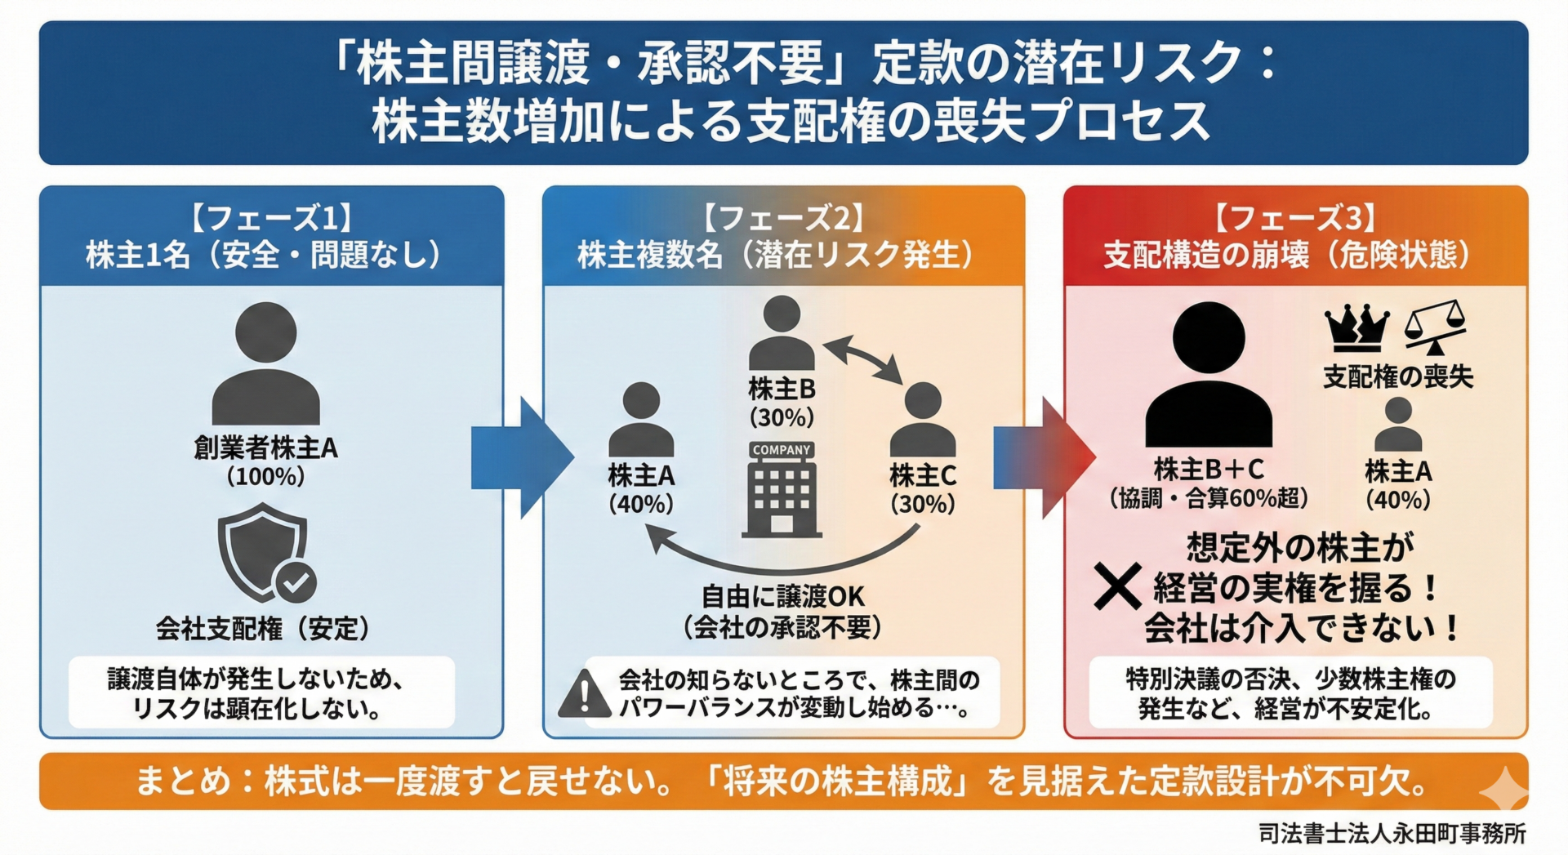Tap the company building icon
(x=782, y=490)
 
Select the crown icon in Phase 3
(x=1356, y=327)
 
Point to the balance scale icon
(x=1435, y=327)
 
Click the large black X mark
(x=1117, y=587)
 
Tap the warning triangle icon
(x=584, y=695)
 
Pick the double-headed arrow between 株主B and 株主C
(x=863, y=358)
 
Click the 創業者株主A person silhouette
(x=265, y=363)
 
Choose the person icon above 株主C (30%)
(x=923, y=420)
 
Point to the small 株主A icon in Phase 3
(x=1398, y=424)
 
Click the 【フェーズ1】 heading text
(x=271, y=219)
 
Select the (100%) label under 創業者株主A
(x=265, y=476)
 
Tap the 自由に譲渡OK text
(x=782, y=596)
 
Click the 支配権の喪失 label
(x=1398, y=376)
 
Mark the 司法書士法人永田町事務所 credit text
(x=1392, y=833)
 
